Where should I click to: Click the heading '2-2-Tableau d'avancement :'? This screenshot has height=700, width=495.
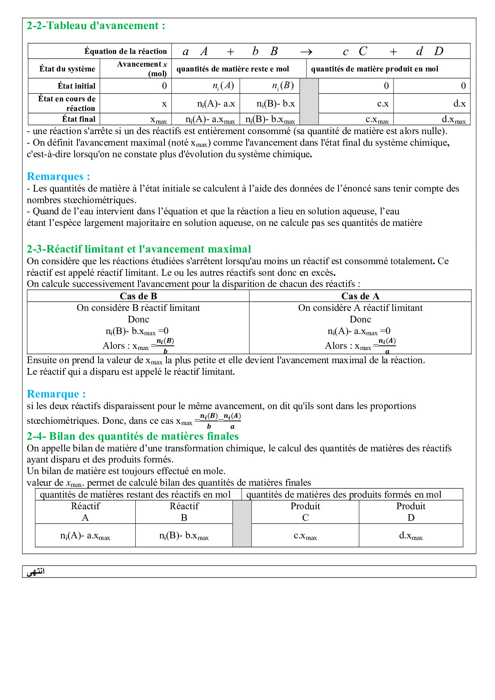(x=96, y=26)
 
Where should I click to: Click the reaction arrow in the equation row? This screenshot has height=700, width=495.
(x=306, y=52)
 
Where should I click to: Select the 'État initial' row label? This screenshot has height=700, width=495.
(x=76, y=86)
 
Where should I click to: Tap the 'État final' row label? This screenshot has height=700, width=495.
(x=79, y=119)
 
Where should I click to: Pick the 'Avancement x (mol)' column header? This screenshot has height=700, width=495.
(x=142, y=69)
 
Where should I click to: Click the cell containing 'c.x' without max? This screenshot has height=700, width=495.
(x=382, y=104)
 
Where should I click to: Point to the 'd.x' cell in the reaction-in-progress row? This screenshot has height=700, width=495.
(x=459, y=104)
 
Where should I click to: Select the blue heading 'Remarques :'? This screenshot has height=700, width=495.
(x=58, y=176)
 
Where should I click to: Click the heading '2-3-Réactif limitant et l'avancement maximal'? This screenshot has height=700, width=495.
(x=139, y=249)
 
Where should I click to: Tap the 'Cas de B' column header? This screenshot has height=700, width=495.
(x=138, y=296)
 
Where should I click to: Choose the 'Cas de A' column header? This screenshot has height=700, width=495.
(x=360, y=296)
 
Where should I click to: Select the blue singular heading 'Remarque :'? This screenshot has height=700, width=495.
(x=56, y=394)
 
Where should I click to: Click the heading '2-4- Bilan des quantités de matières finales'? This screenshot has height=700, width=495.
(x=133, y=436)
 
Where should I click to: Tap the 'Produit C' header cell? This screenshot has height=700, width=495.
(x=305, y=512)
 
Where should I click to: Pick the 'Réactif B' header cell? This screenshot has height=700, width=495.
(x=184, y=512)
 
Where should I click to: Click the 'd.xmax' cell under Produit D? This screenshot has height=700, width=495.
(x=411, y=536)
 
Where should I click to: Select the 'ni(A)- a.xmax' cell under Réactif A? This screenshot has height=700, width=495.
(x=85, y=536)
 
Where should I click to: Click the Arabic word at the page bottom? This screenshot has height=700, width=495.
(x=36, y=572)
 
